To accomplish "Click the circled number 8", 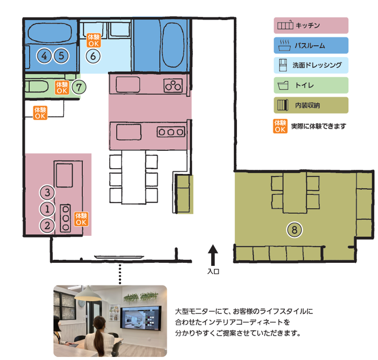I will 294,230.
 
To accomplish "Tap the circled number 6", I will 93,56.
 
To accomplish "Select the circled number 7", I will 78,87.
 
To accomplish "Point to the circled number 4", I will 45,56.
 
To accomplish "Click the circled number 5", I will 61,56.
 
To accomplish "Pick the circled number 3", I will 47,193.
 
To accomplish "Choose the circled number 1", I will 47,209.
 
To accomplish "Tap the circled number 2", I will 47,224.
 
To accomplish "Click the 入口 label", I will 213,272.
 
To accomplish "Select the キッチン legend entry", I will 311,25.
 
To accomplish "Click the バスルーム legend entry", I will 311,46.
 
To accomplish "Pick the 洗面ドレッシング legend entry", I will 311,65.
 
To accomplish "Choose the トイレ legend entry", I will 311,85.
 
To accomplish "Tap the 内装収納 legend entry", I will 311,105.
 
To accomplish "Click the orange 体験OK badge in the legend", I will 280,126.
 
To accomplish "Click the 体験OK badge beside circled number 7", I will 62,87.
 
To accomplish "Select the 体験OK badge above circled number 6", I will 94,40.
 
